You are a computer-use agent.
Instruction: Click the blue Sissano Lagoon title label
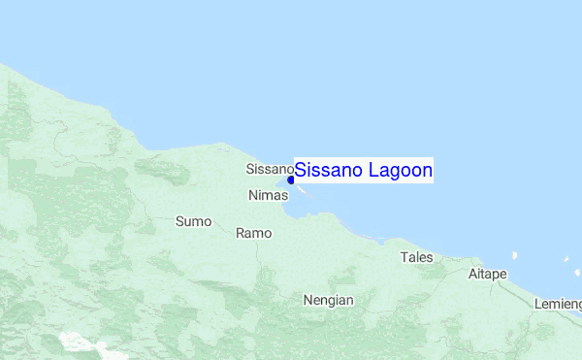[x=364, y=170]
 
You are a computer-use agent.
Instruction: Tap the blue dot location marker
[x=291, y=180]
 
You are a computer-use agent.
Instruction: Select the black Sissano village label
[x=270, y=169]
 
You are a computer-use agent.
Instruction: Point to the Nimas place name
[x=269, y=195]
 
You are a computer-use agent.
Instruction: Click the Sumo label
[x=193, y=221]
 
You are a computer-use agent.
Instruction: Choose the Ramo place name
[x=254, y=233]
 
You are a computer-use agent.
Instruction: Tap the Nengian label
[x=328, y=300]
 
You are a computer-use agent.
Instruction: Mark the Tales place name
[x=417, y=257]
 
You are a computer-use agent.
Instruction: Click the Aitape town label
[x=487, y=274]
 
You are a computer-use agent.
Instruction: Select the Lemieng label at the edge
[x=558, y=304]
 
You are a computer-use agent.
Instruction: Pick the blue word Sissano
[x=328, y=170]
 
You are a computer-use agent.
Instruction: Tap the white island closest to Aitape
[x=514, y=256]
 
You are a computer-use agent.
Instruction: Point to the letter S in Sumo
[x=179, y=221]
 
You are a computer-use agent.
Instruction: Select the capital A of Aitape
[x=472, y=274]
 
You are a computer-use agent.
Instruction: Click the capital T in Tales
[x=404, y=257]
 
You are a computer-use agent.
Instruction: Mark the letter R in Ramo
[x=241, y=233]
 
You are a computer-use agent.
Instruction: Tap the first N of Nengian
[x=308, y=300]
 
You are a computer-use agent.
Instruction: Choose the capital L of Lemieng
[x=537, y=304]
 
